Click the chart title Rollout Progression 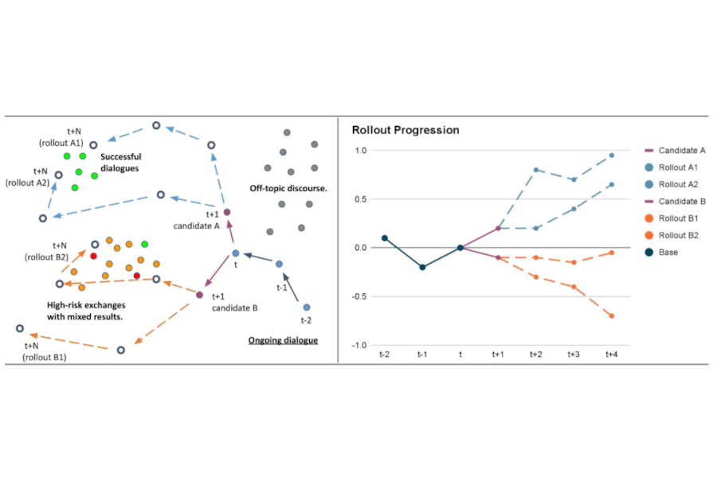[x=405, y=130]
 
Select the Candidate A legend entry [x=677, y=150]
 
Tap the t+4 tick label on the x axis [x=611, y=355]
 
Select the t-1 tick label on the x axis [x=422, y=355]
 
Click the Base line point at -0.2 [x=422, y=267]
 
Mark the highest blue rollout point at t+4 [x=611, y=155]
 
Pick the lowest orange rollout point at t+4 [x=611, y=315]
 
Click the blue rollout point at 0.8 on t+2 [x=535, y=170]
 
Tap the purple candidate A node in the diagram [x=227, y=212]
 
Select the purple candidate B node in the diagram [x=199, y=296]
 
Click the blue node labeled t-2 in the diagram [x=306, y=307]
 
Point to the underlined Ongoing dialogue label [x=283, y=340]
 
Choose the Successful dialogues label [x=120, y=163]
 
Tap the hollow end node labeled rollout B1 [x=20, y=328]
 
